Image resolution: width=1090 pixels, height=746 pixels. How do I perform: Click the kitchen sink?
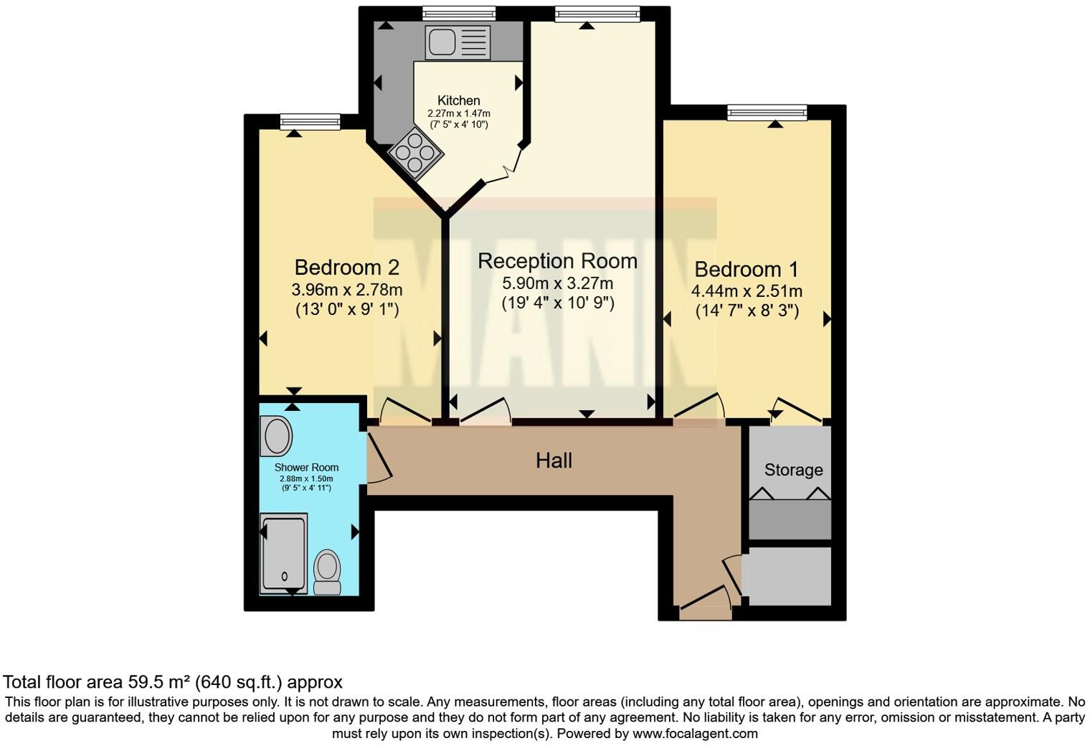click(x=458, y=42)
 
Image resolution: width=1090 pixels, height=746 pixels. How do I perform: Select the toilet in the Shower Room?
click(x=328, y=572)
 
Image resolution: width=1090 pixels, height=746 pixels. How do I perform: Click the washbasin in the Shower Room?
click(x=276, y=437)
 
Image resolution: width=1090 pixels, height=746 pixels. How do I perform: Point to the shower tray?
click(x=283, y=553)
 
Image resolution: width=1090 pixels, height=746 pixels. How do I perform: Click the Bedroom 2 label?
click(x=346, y=268)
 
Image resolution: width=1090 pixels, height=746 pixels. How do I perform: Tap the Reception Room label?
click(x=557, y=261)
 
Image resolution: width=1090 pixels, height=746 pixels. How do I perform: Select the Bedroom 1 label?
click(x=746, y=270)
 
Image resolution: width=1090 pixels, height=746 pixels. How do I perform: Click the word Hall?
click(x=554, y=461)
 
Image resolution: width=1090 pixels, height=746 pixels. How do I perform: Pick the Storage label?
click(x=793, y=470)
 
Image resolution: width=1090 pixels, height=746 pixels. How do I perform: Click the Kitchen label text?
click(x=458, y=100)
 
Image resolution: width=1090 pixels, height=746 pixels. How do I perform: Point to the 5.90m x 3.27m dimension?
click(x=557, y=283)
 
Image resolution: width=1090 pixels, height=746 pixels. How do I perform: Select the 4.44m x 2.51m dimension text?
click(x=746, y=291)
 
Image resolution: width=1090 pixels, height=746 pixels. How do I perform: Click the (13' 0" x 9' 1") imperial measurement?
click(x=346, y=310)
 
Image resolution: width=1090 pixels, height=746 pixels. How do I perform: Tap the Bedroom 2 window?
click(x=310, y=122)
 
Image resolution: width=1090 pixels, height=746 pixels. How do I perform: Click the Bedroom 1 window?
click(x=767, y=112)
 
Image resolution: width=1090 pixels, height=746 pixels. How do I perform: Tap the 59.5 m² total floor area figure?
click(x=160, y=682)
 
